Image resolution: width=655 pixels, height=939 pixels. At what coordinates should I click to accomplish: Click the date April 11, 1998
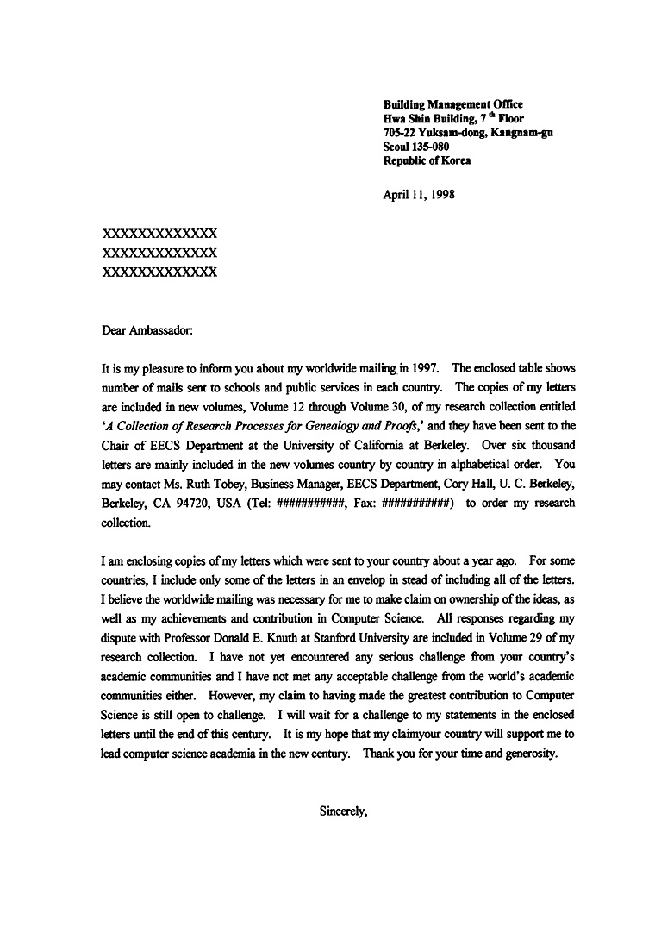pyautogui.click(x=419, y=194)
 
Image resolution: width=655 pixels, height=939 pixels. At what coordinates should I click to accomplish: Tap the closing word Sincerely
pyautogui.click(x=343, y=811)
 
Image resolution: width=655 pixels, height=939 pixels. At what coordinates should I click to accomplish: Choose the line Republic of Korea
pyautogui.click(x=427, y=160)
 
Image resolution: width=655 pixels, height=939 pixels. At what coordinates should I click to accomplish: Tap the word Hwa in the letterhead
pyautogui.click(x=393, y=118)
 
